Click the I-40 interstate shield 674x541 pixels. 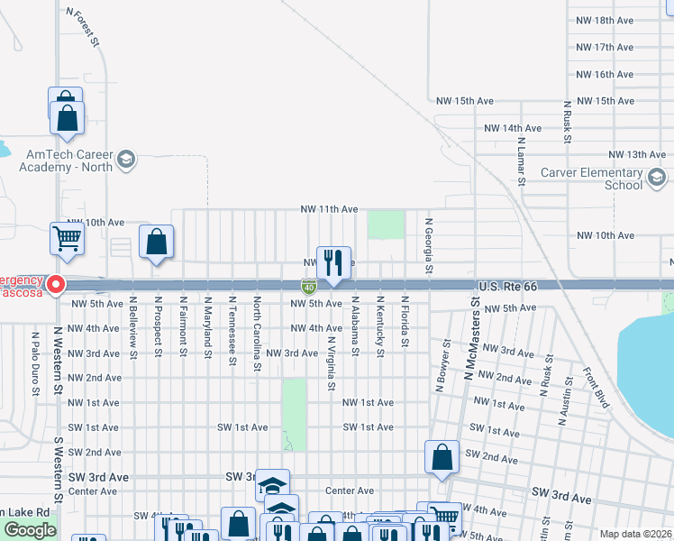pyautogui.click(x=308, y=287)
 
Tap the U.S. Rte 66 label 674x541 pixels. pyautogui.click(x=507, y=286)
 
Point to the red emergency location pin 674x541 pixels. pyautogui.click(x=55, y=285)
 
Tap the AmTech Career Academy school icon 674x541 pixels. pyautogui.click(x=126, y=160)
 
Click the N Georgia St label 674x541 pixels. pyautogui.click(x=430, y=245)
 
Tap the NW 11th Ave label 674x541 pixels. pyautogui.click(x=330, y=209)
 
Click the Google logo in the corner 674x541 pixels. pyautogui.click(x=30, y=530)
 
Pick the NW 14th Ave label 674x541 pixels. pyautogui.click(x=513, y=129)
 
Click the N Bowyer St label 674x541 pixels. pyautogui.click(x=442, y=366)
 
